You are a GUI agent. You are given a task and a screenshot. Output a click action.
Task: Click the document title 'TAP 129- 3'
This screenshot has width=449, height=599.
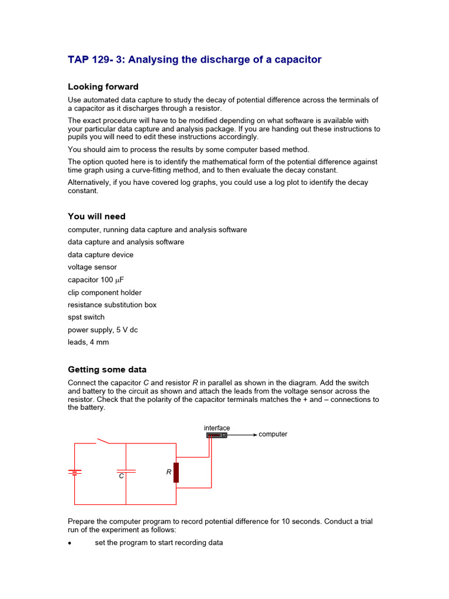coord(194,60)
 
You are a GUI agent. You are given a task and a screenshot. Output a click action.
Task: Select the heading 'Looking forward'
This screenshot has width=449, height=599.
coord(103,87)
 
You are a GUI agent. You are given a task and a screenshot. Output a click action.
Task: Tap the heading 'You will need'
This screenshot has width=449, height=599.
coord(96,216)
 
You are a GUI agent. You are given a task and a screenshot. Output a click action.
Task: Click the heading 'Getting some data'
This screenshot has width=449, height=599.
coord(107,370)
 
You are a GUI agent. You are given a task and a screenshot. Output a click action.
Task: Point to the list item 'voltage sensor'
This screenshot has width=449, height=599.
coord(92,267)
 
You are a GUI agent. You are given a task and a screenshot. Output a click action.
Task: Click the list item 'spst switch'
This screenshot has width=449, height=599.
coord(86,317)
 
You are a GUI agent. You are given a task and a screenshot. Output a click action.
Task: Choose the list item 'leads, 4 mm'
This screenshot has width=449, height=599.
coord(88,342)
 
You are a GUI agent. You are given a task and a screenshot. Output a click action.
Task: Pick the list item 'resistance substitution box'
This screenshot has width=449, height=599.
coord(112,305)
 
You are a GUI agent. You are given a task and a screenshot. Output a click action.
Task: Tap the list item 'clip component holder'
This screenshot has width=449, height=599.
coord(105,292)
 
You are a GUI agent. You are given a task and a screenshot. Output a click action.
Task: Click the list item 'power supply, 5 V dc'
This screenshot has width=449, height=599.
coord(103,330)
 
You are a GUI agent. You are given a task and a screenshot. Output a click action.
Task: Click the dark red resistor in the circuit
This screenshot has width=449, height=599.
coord(176,472)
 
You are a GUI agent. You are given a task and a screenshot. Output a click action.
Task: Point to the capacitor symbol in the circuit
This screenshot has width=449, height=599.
coord(126,470)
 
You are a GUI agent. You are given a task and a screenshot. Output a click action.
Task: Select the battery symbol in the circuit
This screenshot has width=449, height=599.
coord(74,471)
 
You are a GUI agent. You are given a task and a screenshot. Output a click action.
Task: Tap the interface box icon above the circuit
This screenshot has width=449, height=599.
coord(216,435)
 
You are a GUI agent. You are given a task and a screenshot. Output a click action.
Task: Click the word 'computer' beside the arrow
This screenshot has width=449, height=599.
coord(273,435)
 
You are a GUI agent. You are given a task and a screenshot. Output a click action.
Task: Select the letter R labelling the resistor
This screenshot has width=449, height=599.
coord(168,471)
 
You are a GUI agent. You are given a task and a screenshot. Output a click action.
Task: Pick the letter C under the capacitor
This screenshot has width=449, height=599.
coord(122,477)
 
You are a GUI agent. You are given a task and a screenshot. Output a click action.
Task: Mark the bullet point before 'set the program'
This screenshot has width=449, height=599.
coord(70,543)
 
